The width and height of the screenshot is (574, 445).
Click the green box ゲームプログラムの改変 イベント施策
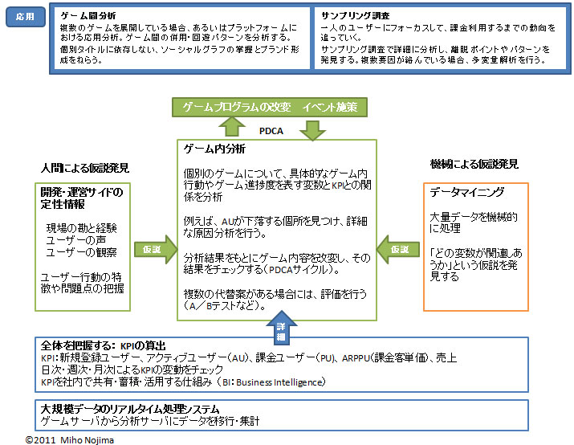pos(270,106)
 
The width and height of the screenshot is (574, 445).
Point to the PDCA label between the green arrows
pos(271,128)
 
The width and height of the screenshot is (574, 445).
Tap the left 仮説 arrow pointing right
pos(153,249)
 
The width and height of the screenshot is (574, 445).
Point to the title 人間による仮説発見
pos(85,169)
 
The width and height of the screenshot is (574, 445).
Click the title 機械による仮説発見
pos(474,164)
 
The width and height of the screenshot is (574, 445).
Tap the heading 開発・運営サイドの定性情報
pos(82,198)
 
